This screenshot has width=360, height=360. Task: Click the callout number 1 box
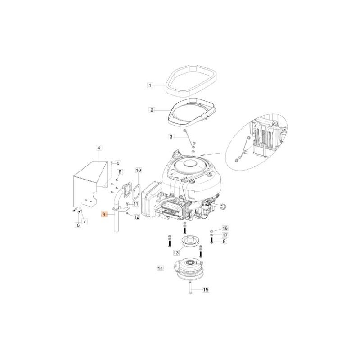[x=151, y=85]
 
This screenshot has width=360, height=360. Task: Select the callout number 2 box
[x=152, y=110]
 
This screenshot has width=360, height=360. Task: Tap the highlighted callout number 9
[x=104, y=215]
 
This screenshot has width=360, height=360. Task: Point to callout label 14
[x=160, y=269]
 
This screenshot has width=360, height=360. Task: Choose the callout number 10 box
[x=139, y=171]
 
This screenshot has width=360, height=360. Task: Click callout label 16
[x=225, y=229]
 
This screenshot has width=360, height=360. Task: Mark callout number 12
[x=137, y=217]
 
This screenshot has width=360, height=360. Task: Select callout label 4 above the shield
[x=99, y=147]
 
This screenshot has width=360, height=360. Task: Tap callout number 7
[x=85, y=221]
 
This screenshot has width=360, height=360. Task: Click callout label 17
[x=225, y=235]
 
